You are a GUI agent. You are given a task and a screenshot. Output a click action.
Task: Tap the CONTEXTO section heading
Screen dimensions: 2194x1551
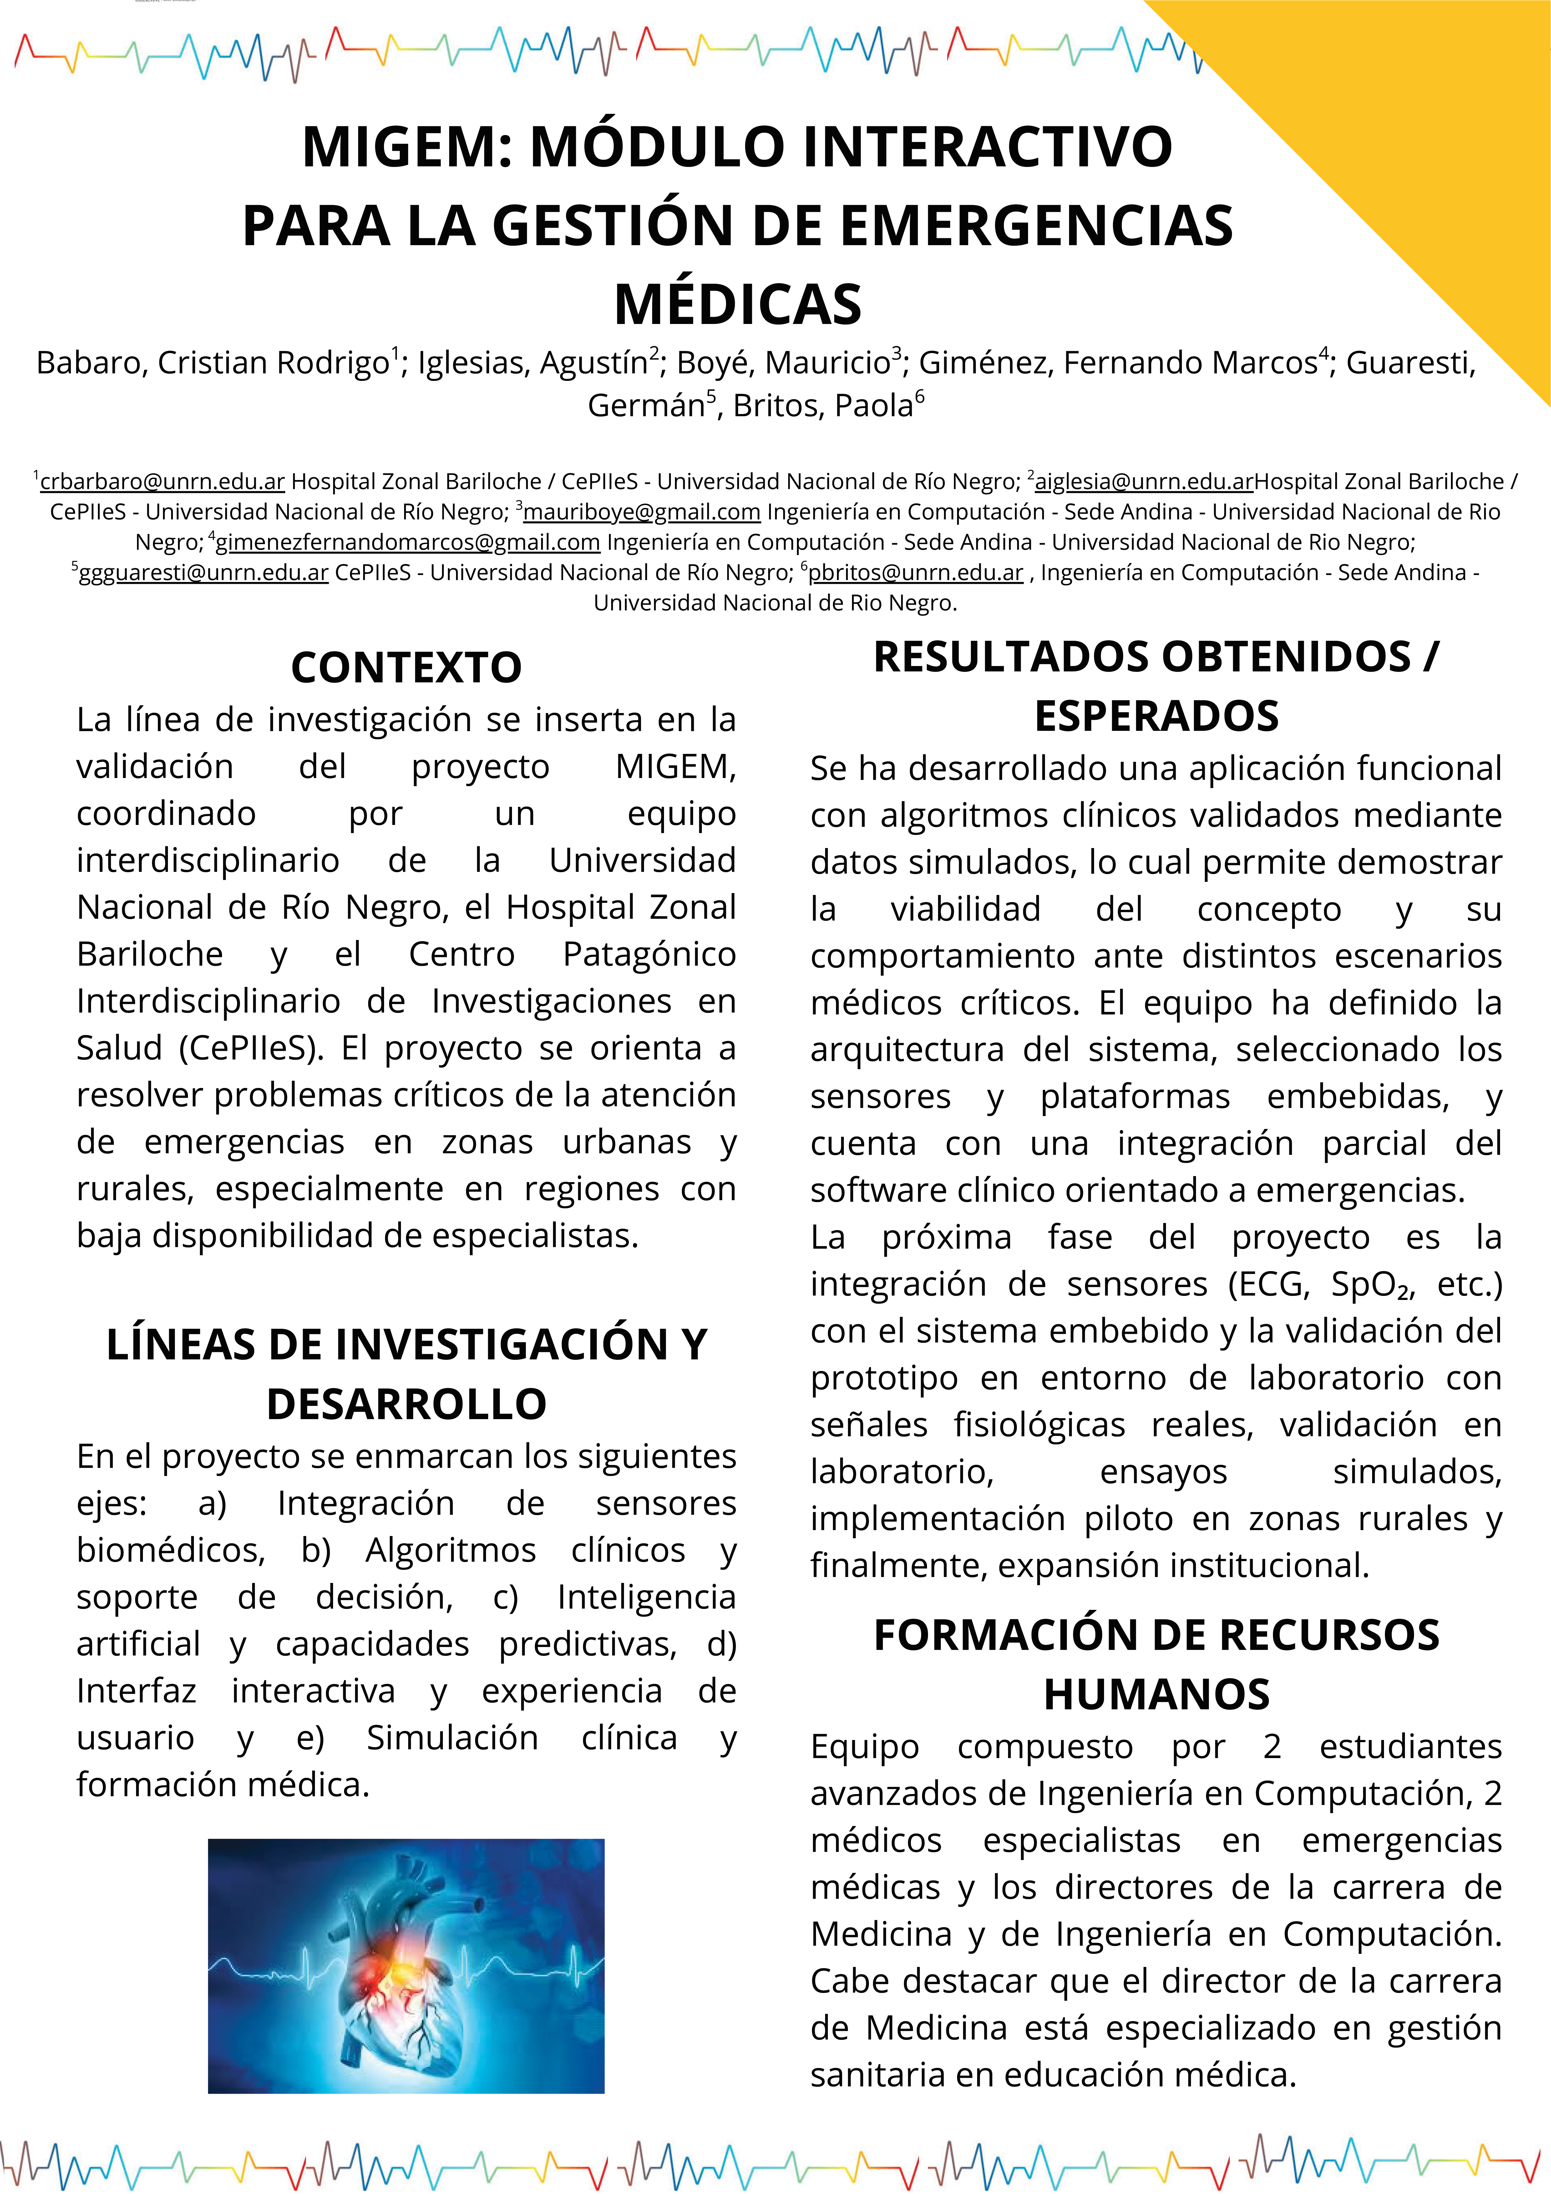tap(406, 667)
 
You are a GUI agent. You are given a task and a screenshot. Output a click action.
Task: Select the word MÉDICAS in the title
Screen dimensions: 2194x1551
tap(738, 304)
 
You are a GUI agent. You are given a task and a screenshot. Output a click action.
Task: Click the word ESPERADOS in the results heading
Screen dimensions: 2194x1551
tap(1156, 716)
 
